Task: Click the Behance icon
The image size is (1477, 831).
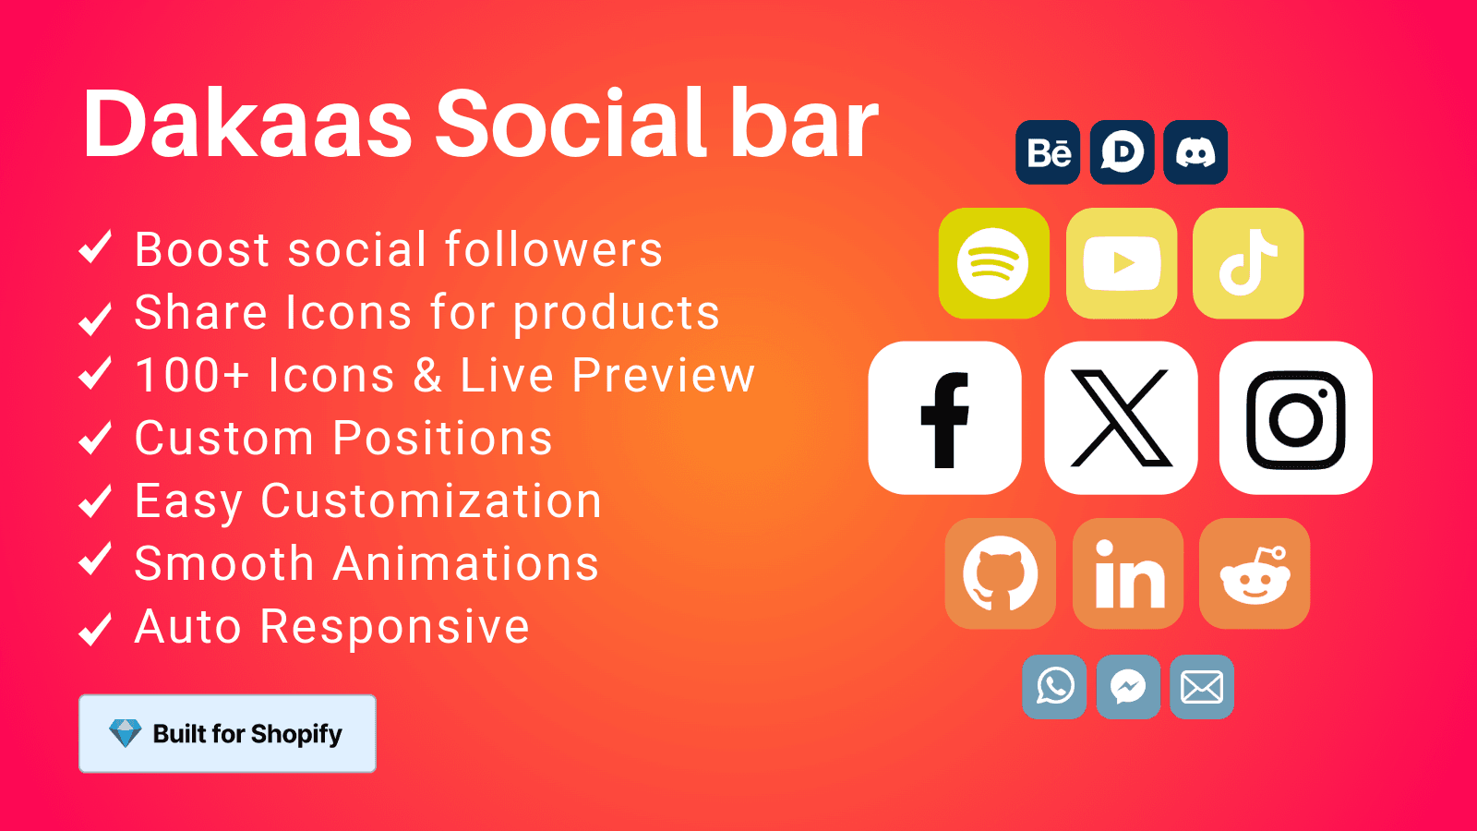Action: click(x=1048, y=152)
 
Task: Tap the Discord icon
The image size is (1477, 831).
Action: click(x=1195, y=152)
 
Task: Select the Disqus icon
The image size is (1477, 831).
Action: click(x=1122, y=152)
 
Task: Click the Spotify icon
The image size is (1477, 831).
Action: click(x=993, y=263)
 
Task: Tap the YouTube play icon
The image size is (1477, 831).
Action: click(x=1122, y=263)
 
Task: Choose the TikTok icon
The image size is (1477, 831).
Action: click(x=1248, y=263)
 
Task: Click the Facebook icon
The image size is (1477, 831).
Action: click(x=944, y=418)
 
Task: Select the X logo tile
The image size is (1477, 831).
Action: click(x=1121, y=418)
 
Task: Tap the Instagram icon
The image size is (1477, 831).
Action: click(x=1295, y=418)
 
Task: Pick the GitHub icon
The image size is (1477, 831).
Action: click(x=1000, y=573)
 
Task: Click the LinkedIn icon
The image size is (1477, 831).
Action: click(x=1128, y=573)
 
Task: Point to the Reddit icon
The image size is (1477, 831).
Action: click(x=1255, y=573)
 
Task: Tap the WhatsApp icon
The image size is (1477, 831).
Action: click(x=1054, y=687)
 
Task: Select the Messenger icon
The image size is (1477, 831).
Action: click(x=1128, y=687)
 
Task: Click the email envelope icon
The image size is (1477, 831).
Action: click(x=1202, y=687)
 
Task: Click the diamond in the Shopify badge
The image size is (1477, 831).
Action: click(x=125, y=733)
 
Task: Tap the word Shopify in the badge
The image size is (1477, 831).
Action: click(x=296, y=734)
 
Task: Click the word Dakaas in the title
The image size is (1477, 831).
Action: click(x=247, y=124)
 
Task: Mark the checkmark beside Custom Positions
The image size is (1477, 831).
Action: click(x=95, y=438)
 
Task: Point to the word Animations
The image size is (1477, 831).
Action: click(x=465, y=563)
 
